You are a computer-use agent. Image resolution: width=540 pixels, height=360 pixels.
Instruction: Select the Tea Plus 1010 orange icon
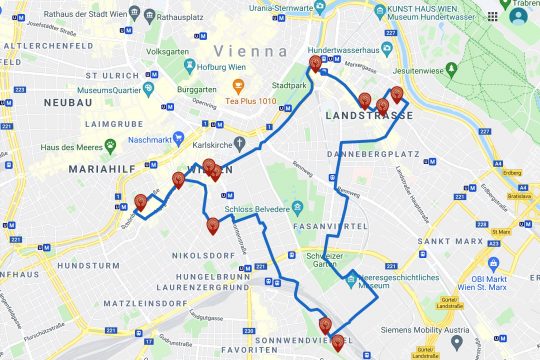coord(237,84)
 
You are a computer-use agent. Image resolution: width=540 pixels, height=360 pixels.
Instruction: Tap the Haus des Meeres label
coord(66,148)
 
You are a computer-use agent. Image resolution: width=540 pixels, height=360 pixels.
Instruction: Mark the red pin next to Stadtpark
coord(316,65)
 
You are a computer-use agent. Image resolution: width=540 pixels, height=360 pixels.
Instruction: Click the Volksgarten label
coord(166,50)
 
